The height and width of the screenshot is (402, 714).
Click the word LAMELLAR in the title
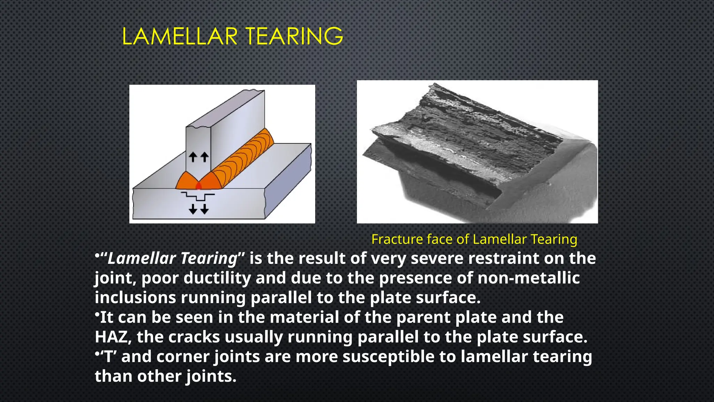180,36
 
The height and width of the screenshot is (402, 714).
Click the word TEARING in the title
294,36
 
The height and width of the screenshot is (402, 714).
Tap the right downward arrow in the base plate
205,209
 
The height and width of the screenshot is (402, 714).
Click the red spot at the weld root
199,186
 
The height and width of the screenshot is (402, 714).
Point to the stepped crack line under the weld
199,196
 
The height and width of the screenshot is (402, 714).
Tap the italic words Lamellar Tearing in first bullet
173,259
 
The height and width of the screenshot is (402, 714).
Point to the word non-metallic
529,278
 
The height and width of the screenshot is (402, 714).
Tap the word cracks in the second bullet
194,337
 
